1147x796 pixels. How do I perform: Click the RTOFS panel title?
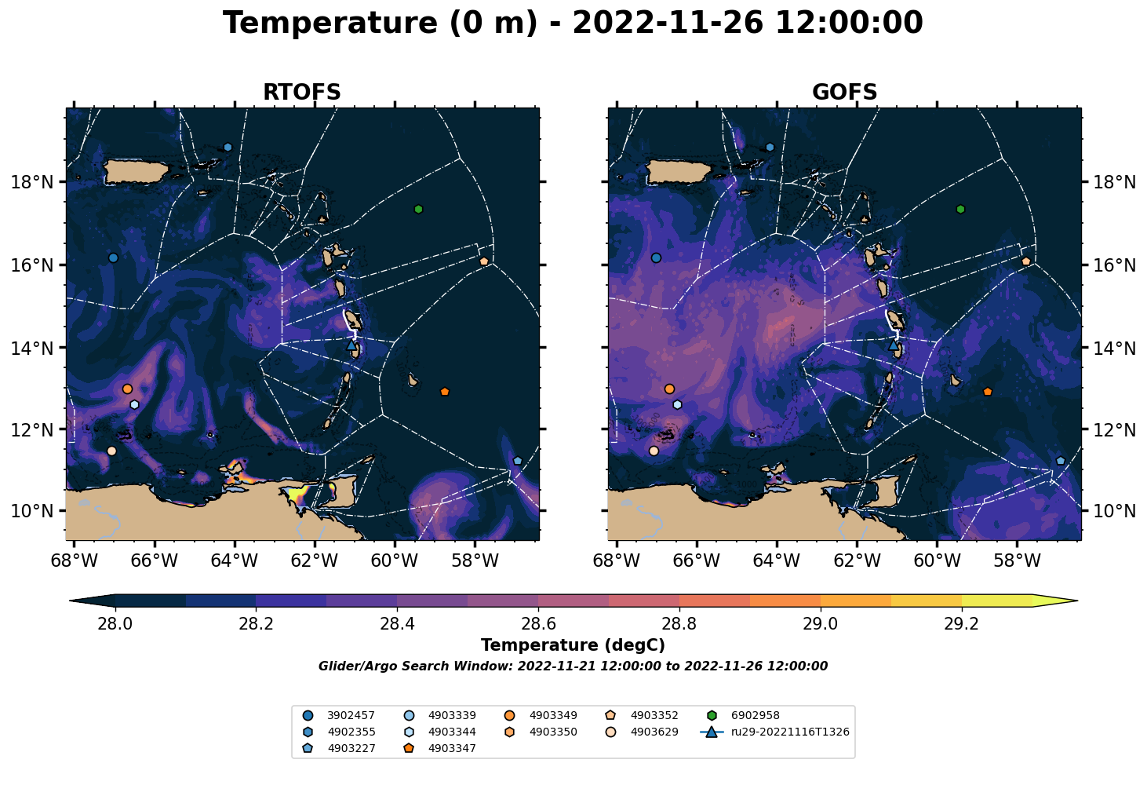(x=301, y=92)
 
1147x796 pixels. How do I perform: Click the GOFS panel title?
(x=844, y=92)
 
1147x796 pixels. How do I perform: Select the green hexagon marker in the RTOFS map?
(x=418, y=209)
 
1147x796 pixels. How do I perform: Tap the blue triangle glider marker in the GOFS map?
(x=893, y=345)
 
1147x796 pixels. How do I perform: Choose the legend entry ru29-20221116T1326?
(x=775, y=732)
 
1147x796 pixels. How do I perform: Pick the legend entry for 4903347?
(x=440, y=748)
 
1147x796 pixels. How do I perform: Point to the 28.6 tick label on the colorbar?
(x=538, y=623)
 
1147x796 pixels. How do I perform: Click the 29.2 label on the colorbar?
(x=961, y=623)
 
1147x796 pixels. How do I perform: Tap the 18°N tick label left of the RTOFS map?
(x=32, y=182)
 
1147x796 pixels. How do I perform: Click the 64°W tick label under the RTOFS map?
(x=234, y=560)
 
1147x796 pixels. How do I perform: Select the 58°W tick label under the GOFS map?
(x=1017, y=560)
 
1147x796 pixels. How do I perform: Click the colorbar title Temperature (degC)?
(x=573, y=645)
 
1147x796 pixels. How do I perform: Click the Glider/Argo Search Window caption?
(x=573, y=666)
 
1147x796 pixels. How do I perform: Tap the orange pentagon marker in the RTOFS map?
(x=445, y=392)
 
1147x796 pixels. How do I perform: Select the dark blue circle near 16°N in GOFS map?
(x=656, y=257)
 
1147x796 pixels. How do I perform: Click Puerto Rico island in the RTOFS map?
(x=136, y=171)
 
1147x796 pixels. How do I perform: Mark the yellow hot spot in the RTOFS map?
(x=297, y=495)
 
